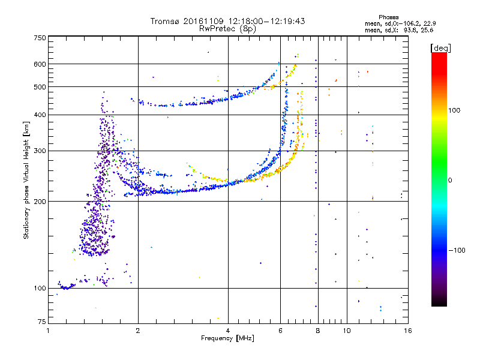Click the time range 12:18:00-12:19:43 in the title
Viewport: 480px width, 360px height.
pyautogui.click(x=266, y=21)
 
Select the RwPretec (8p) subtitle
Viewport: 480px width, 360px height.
pyautogui.click(x=227, y=29)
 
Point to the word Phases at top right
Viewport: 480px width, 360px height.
pyautogui.click(x=388, y=17)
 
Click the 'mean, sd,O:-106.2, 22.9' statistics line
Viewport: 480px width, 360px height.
pyautogui.click(x=400, y=23)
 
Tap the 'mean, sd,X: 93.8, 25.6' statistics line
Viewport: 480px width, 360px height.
pyautogui.click(x=399, y=30)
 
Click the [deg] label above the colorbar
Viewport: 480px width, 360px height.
pyautogui.click(x=440, y=48)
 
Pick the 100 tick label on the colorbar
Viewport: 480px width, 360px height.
pyautogui.click(x=454, y=110)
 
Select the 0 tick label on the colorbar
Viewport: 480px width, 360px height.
pyautogui.click(x=450, y=180)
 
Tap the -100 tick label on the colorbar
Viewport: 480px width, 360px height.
pyautogui.click(x=457, y=250)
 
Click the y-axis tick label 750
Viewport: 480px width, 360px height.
pyautogui.click(x=40, y=38)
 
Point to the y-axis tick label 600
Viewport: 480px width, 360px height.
pyautogui.click(x=40, y=64)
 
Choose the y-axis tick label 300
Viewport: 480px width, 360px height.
pyautogui.click(x=40, y=151)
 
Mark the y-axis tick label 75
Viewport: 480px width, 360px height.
pyautogui.click(x=42, y=322)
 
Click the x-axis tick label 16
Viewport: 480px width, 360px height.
pyautogui.click(x=408, y=331)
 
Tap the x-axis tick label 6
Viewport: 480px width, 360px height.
pyautogui.click(x=280, y=331)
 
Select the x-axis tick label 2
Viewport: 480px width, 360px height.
pyautogui.click(x=138, y=331)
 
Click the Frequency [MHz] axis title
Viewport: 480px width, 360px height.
pyautogui.click(x=227, y=338)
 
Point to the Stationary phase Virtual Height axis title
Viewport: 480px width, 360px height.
pyautogui.click(x=26, y=180)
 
